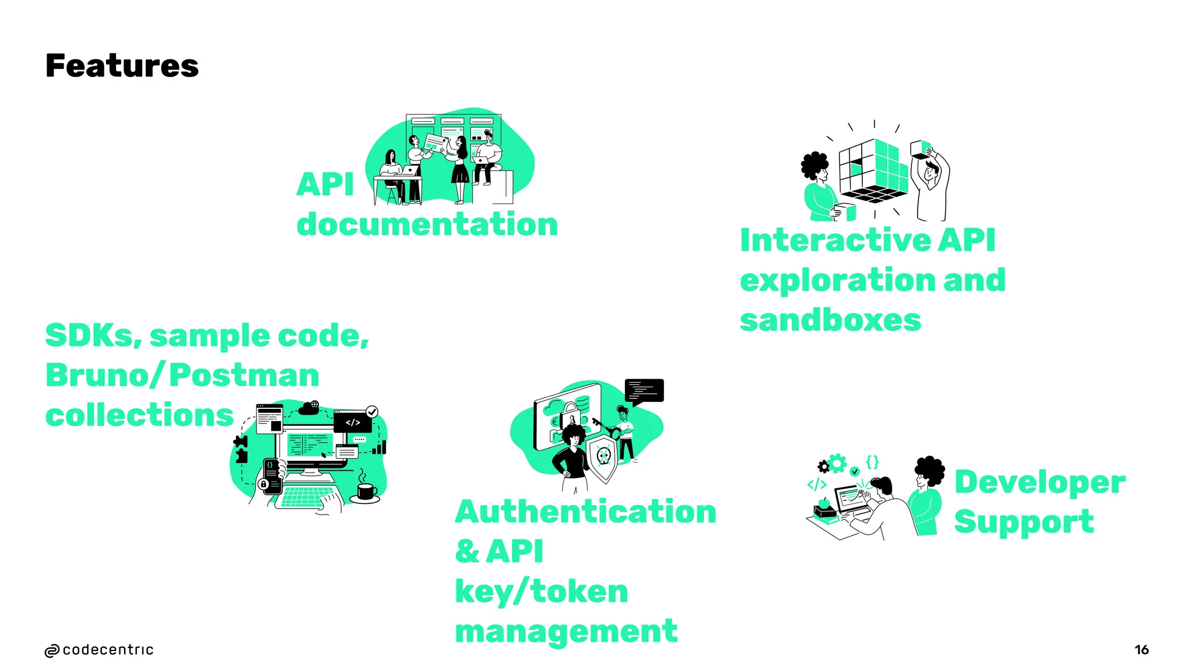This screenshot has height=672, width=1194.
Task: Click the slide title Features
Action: (122, 65)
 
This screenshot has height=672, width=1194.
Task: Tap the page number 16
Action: (1141, 649)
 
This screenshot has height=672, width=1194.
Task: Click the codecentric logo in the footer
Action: (99, 650)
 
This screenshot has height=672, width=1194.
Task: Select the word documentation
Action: (427, 225)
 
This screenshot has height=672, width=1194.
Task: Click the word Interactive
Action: (836, 240)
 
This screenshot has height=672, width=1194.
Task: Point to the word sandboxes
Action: (830, 320)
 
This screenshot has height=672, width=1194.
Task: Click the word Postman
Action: (244, 375)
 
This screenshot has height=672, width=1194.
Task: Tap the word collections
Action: (139, 415)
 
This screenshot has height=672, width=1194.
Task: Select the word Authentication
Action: (585, 512)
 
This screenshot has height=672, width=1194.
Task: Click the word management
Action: (566, 631)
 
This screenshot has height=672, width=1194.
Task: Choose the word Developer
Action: (1040, 482)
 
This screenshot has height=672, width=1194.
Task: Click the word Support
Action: (1024, 521)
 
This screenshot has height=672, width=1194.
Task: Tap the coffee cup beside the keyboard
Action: (366, 492)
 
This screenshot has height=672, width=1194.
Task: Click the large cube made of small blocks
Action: (873, 170)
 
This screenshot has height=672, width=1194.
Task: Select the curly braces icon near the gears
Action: (872, 462)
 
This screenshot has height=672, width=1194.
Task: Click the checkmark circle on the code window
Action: (372, 412)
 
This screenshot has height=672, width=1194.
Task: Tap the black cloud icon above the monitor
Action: (308, 409)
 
